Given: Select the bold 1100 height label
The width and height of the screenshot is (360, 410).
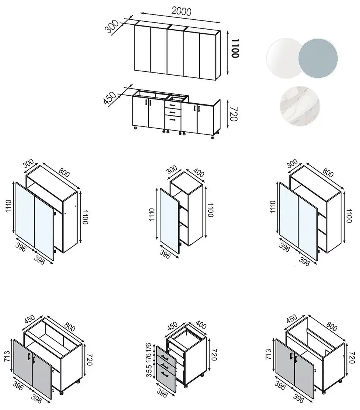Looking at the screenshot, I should pyautogui.click(x=235, y=48).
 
